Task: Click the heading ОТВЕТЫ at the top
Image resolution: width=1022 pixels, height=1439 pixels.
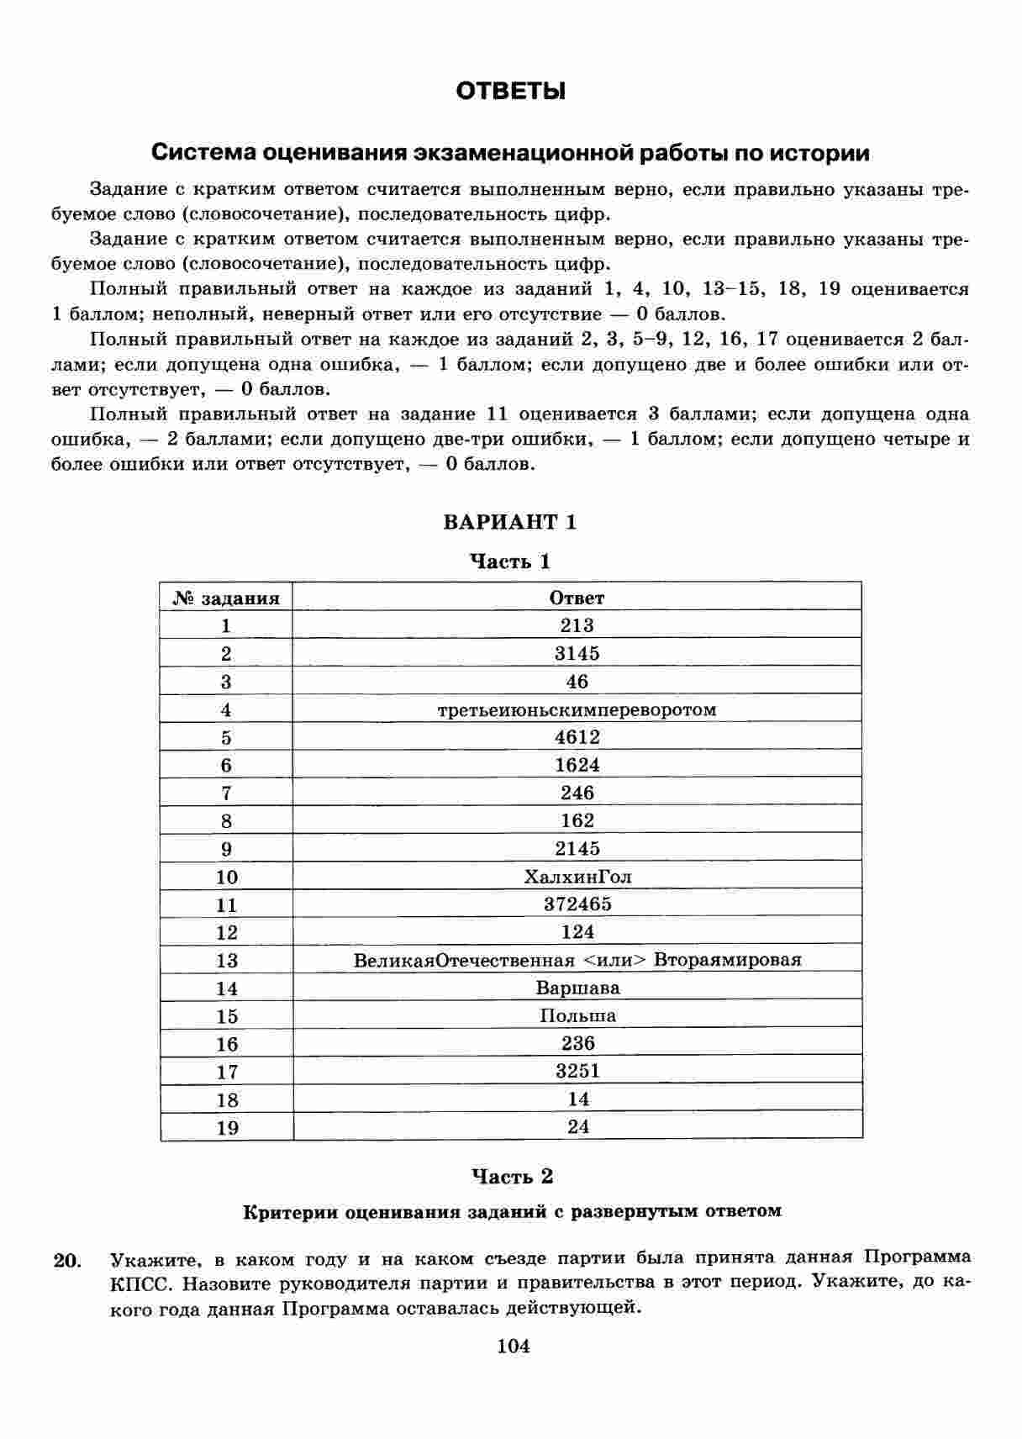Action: coord(510,91)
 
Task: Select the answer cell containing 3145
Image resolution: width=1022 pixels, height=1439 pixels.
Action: coord(577,653)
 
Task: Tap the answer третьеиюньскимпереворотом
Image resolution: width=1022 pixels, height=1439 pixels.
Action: coord(577,709)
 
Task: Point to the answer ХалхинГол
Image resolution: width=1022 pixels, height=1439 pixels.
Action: coord(577,877)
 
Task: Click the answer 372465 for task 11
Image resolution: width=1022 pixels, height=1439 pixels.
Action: coord(577,904)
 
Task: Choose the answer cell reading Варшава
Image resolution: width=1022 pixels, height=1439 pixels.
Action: coord(577,988)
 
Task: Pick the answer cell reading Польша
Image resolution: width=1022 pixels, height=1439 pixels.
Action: coord(577,1015)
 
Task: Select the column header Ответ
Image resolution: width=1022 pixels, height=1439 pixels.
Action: coord(577,598)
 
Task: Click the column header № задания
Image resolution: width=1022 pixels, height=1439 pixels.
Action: coord(226,598)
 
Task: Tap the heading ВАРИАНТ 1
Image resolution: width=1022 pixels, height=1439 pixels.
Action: coord(510,522)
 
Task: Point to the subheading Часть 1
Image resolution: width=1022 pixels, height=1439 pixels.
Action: coord(510,561)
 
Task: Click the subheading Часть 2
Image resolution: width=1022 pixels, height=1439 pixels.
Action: coord(512,1176)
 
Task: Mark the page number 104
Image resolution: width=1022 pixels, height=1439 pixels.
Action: coord(514,1346)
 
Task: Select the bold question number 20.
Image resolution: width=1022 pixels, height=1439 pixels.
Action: coord(67,1260)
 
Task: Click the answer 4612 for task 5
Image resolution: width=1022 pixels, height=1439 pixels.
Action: coord(577,737)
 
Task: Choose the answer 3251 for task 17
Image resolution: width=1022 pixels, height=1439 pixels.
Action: coord(577,1071)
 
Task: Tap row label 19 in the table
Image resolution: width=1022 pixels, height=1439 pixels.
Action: coord(227,1128)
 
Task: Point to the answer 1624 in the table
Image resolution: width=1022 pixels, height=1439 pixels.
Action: coord(577,765)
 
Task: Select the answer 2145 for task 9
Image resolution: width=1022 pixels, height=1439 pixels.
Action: coord(577,848)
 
